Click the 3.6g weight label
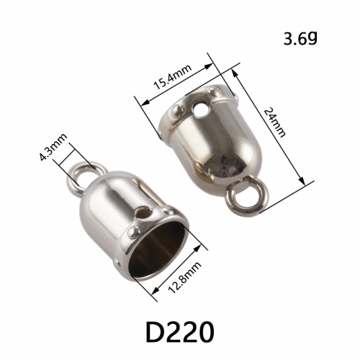click(x=300, y=39)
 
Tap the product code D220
click(x=180, y=332)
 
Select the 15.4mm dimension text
click(x=173, y=77)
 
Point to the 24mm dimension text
click(x=274, y=122)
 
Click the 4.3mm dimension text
click(x=53, y=147)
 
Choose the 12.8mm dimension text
click(x=185, y=278)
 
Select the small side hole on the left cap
click(x=143, y=212)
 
